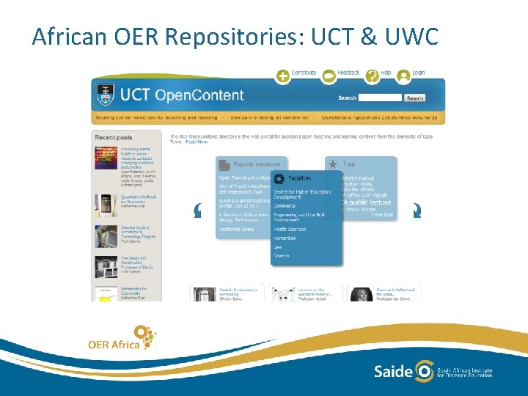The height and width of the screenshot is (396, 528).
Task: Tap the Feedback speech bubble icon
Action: [329, 76]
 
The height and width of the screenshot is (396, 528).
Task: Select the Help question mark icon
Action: [373, 76]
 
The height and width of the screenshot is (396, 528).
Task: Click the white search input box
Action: [380, 98]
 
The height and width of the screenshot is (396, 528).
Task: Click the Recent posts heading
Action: [114, 137]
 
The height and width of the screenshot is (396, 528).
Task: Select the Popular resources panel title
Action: [258, 165]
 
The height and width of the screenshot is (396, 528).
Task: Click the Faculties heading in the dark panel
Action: [299, 178]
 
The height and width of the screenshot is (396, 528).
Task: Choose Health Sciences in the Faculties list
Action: [289, 229]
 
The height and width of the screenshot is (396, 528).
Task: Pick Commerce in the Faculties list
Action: [285, 206]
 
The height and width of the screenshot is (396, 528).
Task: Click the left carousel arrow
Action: [197, 211]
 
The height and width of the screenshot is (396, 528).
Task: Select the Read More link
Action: [197, 142]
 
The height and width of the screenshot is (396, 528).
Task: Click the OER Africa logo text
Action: [114, 344]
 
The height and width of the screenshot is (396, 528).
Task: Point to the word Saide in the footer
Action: [393, 371]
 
